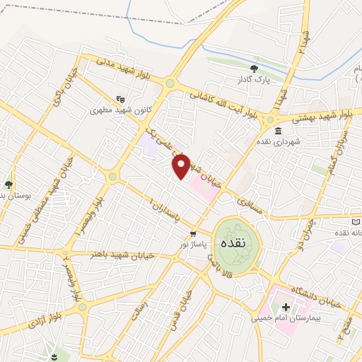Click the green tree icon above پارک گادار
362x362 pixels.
253,68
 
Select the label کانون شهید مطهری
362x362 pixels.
121,110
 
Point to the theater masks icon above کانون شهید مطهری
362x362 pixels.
121,100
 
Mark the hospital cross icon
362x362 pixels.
286,307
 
